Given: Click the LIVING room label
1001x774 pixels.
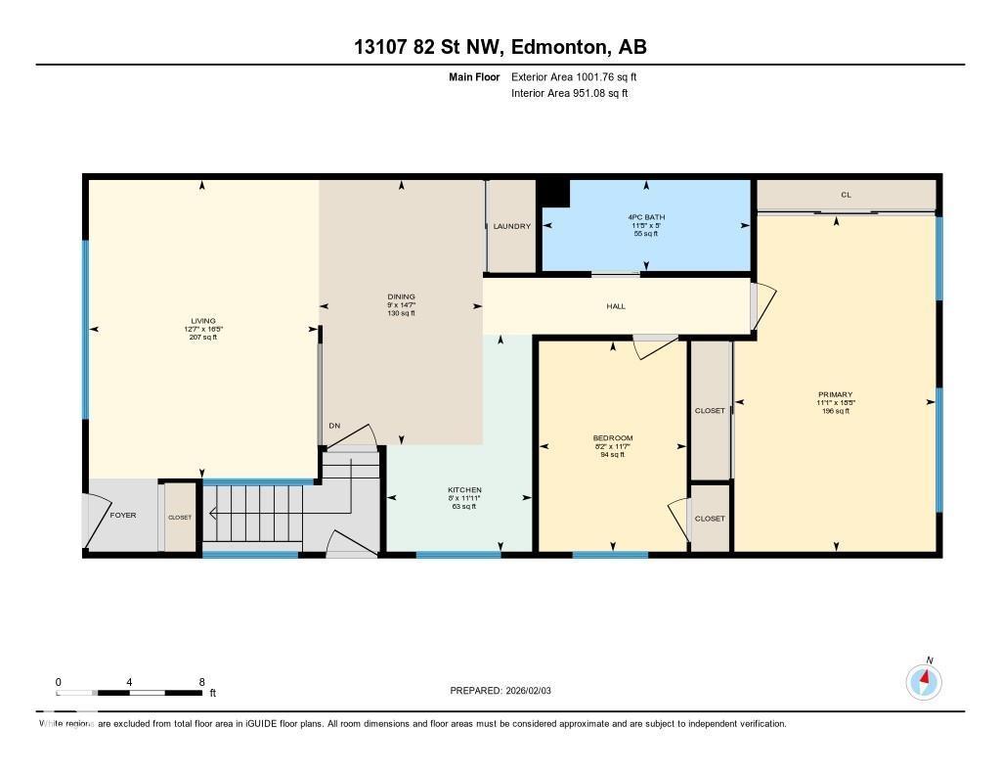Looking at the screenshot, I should [203, 320].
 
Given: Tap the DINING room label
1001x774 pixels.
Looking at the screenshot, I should [402, 296].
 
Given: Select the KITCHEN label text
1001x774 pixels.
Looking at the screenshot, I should [464, 490].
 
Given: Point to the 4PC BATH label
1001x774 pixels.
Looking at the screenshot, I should [646, 217].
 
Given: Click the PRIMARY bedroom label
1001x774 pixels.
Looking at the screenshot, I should [836, 394].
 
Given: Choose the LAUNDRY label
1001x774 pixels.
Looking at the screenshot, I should [512, 226].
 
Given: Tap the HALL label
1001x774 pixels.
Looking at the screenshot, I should [616, 306].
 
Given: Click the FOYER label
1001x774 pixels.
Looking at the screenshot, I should [123, 515].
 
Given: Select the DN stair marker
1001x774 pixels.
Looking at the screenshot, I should [334, 426].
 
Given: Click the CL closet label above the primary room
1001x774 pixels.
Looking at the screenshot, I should [846, 195].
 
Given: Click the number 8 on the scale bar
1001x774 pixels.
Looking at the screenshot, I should [201, 682].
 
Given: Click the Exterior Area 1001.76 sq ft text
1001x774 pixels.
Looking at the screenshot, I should [574, 76].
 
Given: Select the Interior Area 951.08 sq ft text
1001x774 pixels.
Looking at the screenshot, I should [569, 94].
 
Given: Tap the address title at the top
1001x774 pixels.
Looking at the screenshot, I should [500, 47].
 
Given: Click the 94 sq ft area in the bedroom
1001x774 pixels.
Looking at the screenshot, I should [613, 454].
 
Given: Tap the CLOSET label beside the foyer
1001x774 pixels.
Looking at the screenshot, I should [180, 518].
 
